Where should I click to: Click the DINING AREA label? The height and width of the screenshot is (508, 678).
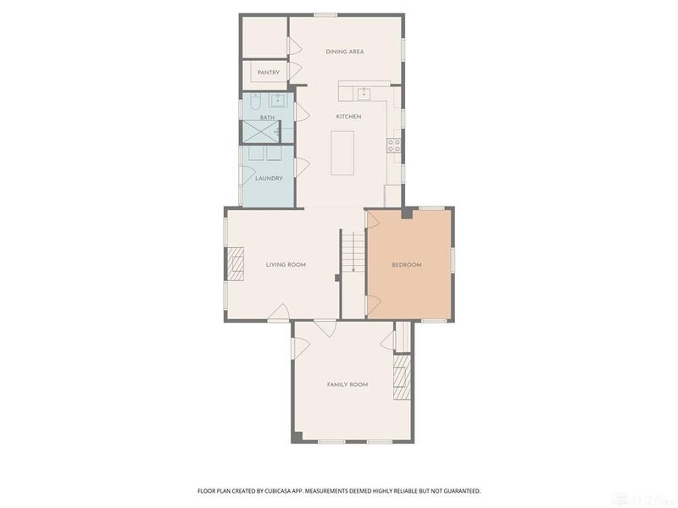(345, 52)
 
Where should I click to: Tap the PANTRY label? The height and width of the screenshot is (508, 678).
(269, 73)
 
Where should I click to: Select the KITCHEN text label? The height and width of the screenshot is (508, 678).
(348, 116)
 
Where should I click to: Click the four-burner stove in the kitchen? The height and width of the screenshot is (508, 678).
(394, 144)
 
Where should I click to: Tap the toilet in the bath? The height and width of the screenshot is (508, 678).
(256, 107)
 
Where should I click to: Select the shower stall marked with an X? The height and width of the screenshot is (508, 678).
(260, 132)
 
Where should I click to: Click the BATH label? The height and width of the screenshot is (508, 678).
(267, 118)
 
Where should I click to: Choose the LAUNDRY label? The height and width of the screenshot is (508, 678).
(269, 178)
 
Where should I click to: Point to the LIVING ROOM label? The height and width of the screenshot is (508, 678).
(286, 265)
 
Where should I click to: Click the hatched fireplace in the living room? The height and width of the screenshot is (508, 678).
(235, 265)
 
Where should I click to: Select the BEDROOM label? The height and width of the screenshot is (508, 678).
(406, 265)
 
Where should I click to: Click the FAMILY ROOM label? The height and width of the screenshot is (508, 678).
(347, 384)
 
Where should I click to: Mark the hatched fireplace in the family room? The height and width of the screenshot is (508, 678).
(403, 376)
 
